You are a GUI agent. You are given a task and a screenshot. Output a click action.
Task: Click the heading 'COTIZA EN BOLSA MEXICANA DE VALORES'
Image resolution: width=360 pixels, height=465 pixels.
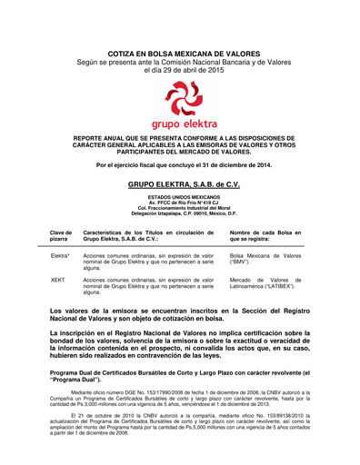click(x=180, y=54)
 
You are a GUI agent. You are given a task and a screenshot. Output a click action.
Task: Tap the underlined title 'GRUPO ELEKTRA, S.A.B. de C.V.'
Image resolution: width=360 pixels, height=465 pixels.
click(x=180, y=183)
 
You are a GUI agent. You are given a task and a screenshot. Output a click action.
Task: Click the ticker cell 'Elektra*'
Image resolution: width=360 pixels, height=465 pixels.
click(x=61, y=257)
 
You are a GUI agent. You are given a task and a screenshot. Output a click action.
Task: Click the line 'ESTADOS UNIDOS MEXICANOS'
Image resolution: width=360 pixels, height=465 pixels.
click(x=180, y=196)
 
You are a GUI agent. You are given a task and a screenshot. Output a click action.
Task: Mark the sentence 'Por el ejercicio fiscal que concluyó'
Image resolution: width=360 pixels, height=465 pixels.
click(x=180, y=164)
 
